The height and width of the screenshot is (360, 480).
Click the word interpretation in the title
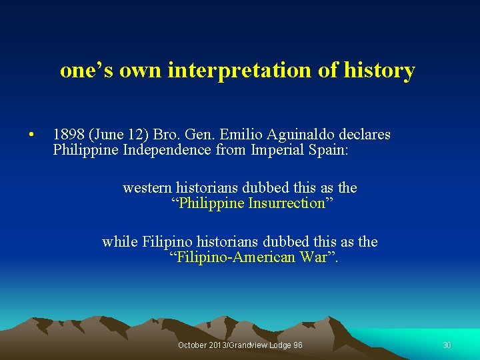pyautogui.click(x=247, y=70)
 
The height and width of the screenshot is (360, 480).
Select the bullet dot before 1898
pyautogui.click(x=31, y=135)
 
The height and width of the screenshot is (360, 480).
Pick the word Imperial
pyautogui.click(x=274, y=150)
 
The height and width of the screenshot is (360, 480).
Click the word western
pyautogui.click(x=147, y=188)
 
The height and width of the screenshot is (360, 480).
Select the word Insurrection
pyautogui.click(x=286, y=203)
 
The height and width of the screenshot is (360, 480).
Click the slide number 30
pyautogui.click(x=447, y=345)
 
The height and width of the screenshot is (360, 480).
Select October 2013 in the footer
pyautogui.click(x=200, y=345)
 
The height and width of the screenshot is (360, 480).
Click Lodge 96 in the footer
pyautogui.click(x=283, y=345)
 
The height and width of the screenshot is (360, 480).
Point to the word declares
pyautogui.click(x=364, y=135)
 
